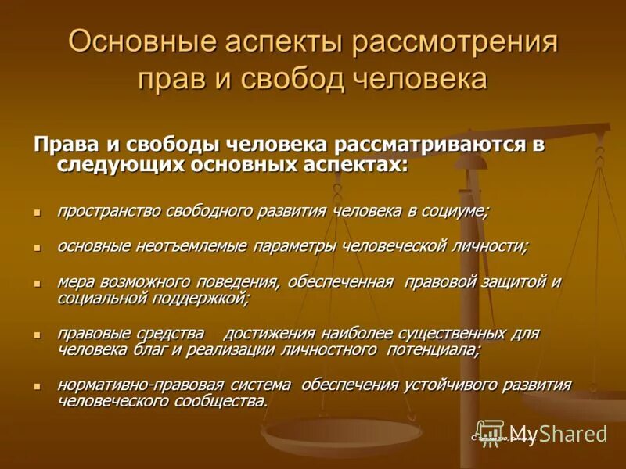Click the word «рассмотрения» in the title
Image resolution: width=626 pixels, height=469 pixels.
[455, 41]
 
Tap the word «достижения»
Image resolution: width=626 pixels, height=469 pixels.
[279, 334]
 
